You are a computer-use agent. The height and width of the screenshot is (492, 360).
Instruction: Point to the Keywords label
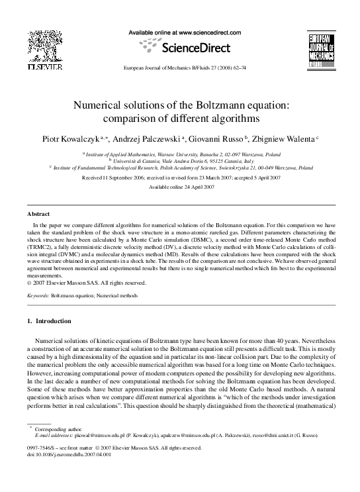coord(38,295)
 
